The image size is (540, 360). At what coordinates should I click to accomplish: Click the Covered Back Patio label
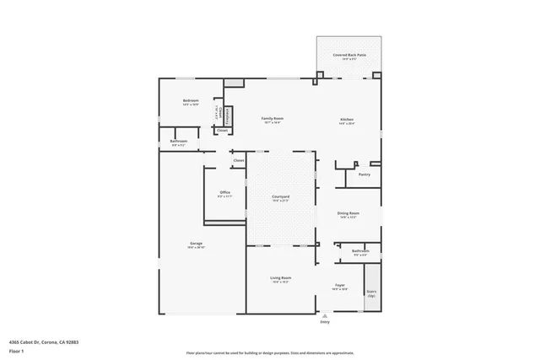349,55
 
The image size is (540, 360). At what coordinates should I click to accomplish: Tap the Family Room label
272,119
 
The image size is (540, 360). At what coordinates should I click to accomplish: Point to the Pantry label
364,175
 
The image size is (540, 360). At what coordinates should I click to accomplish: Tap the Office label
225,192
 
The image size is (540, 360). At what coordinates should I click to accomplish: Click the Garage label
196,244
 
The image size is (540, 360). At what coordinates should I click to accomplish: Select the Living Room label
280,277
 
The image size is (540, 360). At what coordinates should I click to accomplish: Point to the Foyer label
340,286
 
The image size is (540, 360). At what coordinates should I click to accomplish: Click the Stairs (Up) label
371,293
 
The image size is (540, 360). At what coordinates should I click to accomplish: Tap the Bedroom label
191,101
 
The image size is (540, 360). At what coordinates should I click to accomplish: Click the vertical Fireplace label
227,116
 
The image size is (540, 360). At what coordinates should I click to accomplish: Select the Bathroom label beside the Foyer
360,250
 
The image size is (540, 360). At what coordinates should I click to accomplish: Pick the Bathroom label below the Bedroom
178,141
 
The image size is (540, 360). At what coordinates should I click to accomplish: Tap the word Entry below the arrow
324,322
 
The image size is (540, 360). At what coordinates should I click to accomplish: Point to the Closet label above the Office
238,159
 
